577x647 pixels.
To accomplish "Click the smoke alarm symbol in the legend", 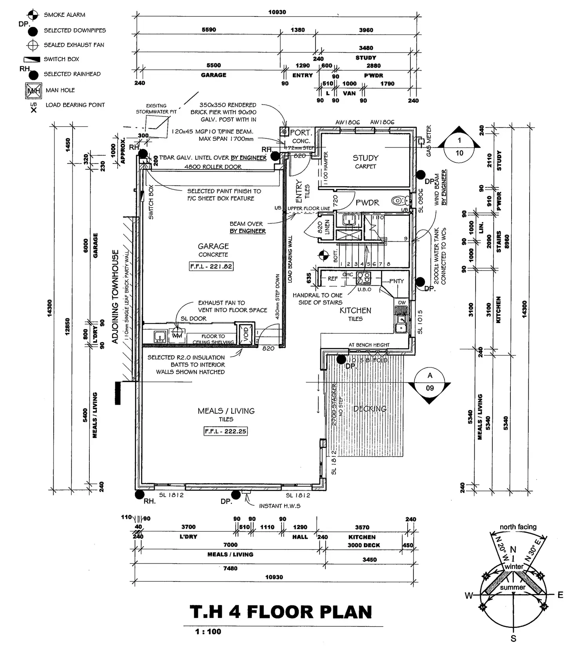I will point(33,15).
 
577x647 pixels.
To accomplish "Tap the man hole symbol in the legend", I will point(33,91).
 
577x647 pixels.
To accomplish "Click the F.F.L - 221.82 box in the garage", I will point(211,267).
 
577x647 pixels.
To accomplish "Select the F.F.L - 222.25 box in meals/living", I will point(226,431).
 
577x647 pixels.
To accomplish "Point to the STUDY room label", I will point(365,158).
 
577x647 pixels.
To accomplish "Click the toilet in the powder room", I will point(400,202).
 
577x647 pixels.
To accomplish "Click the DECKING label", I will point(370,409).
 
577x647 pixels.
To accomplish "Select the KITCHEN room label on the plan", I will point(355,311).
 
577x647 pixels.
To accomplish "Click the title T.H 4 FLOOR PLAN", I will point(281,612).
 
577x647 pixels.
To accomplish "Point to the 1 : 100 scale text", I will point(208,632).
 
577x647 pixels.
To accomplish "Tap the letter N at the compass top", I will point(513,550).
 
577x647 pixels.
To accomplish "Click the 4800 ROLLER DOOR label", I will point(213,167).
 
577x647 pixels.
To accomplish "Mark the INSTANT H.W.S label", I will point(279,506).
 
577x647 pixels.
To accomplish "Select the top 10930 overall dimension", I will point(277,12).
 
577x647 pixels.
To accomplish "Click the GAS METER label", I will point(428,141).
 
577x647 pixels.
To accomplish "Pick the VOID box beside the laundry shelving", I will point(246,334).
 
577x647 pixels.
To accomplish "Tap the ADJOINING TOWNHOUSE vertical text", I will point(115,297).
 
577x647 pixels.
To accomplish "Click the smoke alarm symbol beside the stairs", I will point(323,255).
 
